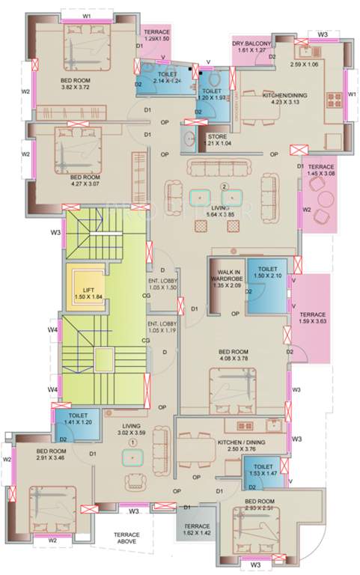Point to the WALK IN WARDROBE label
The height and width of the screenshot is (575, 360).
(x=228, y=278)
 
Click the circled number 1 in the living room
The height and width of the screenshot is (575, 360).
(x=132, y=442)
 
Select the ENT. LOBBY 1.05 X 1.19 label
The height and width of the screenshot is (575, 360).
(x=161, y=326)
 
